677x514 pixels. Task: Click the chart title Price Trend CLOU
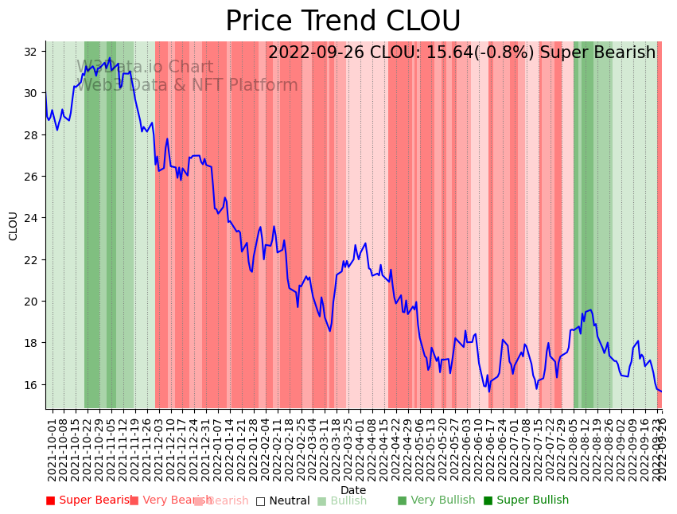coord(343,21)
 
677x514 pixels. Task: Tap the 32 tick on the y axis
coord(31,52)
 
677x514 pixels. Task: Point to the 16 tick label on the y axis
coord(31,384)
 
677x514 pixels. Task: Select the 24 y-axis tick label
coord(31,218)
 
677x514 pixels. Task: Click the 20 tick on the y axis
coord(31,301)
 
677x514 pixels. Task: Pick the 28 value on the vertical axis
coord(31,134)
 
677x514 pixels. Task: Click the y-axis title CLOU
coord(13,225)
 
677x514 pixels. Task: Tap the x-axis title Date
coord(353,491)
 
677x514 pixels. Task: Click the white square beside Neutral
coord(260,500)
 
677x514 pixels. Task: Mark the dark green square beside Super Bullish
coord(488,500)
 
